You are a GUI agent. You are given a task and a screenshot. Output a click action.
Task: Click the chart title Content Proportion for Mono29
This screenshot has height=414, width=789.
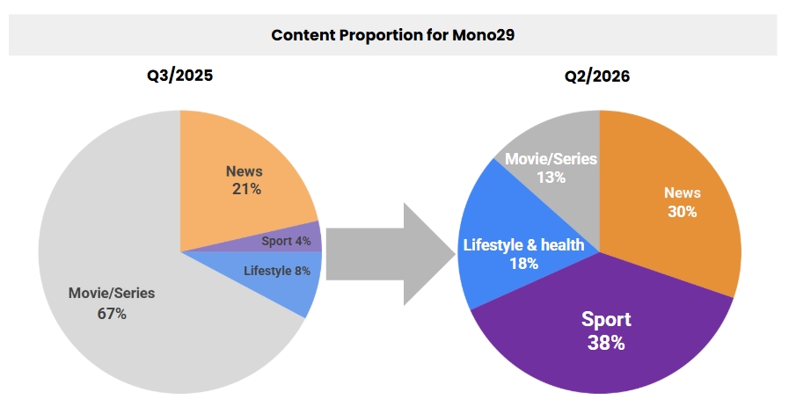click(392, 35)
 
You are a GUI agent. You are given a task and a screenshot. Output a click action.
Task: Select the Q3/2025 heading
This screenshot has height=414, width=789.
click(179, 76)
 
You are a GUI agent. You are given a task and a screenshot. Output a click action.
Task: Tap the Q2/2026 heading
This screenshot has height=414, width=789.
click(597, 76)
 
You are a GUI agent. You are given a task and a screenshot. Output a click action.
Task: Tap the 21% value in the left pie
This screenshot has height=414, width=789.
click(244, 188)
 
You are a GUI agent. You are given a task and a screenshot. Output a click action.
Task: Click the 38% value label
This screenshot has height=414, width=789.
click(605, 342)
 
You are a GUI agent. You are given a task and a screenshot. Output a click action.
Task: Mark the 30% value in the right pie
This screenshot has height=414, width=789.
click(681, 211)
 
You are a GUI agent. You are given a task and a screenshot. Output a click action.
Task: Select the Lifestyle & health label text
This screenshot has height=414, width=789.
click(523, 244)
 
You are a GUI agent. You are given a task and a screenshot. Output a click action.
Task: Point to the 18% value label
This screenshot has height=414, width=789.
click(523, 263)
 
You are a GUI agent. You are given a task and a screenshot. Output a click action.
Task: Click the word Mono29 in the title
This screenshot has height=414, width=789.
click(483, 35)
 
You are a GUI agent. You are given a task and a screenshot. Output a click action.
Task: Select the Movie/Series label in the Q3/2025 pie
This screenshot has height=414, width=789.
click(111, 293)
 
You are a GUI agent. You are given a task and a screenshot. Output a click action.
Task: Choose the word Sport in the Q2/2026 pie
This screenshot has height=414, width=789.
click(606, 318)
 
